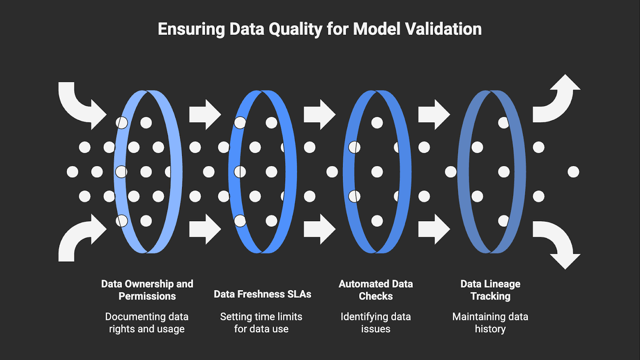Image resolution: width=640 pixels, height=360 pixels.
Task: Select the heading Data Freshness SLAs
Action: coord(262,294)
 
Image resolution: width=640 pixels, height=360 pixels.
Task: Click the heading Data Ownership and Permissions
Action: coord(147,290)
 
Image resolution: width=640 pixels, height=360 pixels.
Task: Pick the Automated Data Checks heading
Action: coord(376,290)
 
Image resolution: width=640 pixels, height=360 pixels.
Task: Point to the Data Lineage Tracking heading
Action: coord(490,290)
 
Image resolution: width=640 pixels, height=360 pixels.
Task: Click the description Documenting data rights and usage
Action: coord(147,323)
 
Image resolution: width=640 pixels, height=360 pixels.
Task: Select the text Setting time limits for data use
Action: coord(261,323)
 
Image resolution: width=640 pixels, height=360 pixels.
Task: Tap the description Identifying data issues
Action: coord(376,323)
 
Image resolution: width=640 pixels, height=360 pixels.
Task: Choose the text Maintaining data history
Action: coord(490,323)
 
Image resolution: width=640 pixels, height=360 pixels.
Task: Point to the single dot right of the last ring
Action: coord(573,172)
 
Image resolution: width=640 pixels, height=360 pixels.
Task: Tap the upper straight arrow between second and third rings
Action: coord(319,115)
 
